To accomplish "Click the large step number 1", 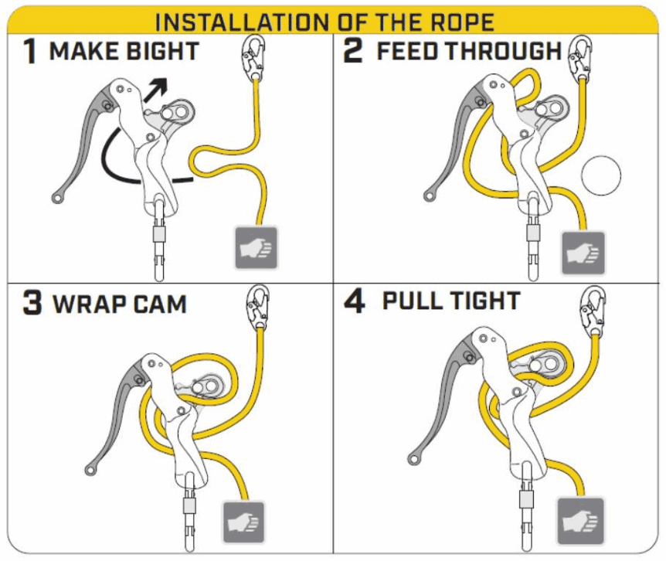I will [29, 53].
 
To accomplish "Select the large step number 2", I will [353, 53].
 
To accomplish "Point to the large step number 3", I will [31, 303].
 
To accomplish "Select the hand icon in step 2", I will [584, 252].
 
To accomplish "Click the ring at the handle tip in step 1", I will [59, 199].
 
